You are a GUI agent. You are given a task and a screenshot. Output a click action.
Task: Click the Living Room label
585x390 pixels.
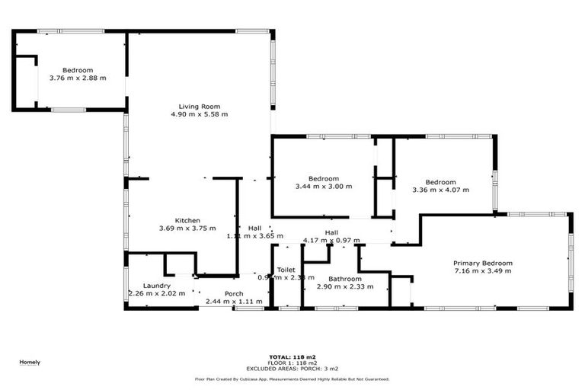(x=200, y=106)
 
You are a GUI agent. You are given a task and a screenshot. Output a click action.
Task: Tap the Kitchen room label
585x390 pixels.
(x=187, y=220)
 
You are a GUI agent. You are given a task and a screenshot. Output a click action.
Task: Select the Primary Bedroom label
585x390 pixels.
(x=483, y=263)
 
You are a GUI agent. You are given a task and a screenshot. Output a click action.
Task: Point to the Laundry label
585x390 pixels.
(x=156, y=286)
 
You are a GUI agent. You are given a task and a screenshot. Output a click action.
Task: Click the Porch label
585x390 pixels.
(x=234, y=294)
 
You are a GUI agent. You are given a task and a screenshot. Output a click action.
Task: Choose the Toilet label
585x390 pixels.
(x=286, y=270)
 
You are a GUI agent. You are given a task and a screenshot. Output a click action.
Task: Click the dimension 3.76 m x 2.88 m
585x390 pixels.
(x=78, y=78)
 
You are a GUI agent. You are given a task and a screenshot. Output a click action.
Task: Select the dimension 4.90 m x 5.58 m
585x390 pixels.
(x=200, y=114)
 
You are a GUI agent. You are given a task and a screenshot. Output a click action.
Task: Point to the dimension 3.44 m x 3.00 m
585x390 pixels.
(x=324, y=186)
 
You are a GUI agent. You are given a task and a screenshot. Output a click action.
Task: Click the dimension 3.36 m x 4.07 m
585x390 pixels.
(x=441, y=190)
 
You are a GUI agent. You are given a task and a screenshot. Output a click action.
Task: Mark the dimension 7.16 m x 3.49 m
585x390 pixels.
(x=483, y=271)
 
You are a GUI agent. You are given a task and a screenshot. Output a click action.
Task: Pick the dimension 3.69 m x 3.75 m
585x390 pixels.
(x=187, y=229)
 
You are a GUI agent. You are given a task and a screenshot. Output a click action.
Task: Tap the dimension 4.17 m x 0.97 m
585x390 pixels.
(x=331, y=241)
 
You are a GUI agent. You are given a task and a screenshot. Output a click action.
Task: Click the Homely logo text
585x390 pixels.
(x=30, y=362)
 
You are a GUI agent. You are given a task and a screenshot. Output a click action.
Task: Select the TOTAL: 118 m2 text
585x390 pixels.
(x=292, y=356)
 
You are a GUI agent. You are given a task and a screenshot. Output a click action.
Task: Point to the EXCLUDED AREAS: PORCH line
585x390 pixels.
(x=292, y=368)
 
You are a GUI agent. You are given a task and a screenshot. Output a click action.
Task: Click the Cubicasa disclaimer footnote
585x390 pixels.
(x=292, y=379)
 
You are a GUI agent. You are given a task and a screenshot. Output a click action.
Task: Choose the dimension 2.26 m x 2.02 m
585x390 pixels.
(x=156, y=293)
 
